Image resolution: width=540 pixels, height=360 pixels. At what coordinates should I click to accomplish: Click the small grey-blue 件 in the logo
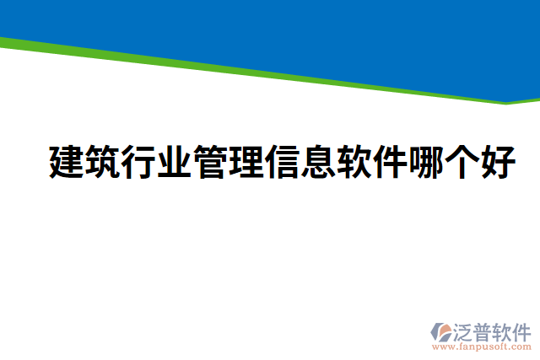click(521, 331)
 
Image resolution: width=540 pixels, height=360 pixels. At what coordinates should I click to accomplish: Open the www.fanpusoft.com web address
click(482, 346)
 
